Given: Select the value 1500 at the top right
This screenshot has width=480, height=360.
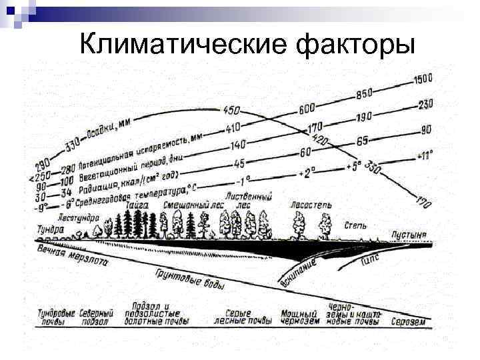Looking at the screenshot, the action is [x=423, y=79].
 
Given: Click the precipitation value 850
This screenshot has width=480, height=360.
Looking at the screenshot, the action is [x=364, y=93].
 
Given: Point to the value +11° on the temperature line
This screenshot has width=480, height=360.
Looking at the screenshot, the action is [x=424, y=156].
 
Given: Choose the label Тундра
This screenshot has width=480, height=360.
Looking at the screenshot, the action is [x=51, y=228].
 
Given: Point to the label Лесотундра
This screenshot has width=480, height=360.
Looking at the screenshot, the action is [x=78, y=217].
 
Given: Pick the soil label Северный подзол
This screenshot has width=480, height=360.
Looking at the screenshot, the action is [x=96, y=317].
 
